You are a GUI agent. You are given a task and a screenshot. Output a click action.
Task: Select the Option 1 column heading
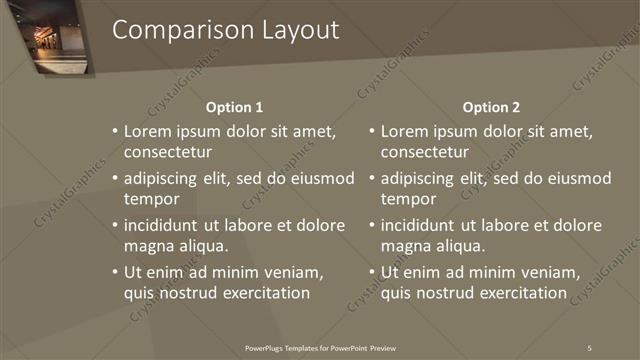(x=235, y=107)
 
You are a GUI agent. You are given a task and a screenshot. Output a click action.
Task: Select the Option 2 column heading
(x=492, y=107)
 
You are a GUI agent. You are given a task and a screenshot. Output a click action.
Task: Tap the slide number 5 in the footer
(x=590, y=346)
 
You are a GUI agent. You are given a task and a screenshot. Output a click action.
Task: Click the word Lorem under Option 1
(x=150, y=132)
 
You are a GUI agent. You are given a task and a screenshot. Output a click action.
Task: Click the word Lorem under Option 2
(x=407, y=132)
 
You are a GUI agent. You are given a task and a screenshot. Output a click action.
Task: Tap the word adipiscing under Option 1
(x=166, y=179)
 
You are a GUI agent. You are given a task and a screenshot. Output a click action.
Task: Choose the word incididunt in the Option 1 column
(x=168, y=225)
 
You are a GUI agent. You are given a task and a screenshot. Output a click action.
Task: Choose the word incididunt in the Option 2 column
(x=425, y=225)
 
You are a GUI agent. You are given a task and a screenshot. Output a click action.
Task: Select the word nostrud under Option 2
(x=444, y=293)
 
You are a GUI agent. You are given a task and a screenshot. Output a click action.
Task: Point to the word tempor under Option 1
(x=150, y=199)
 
